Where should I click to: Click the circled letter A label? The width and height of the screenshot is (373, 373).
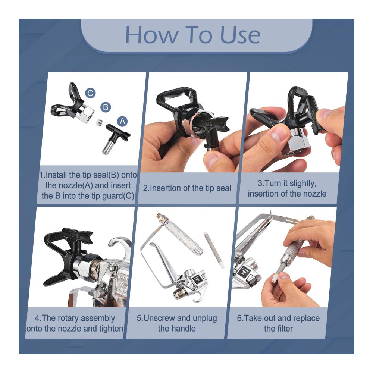(122, 121)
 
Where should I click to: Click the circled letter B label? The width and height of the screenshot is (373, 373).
(106, 107)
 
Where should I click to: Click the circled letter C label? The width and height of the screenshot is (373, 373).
(90, 93)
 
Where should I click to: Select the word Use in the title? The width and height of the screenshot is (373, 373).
(240, 35)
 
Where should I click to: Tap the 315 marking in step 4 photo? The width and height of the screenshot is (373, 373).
(75, 236)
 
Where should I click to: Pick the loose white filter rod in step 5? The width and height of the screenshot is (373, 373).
(214, 250)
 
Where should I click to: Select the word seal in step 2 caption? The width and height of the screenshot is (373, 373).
(223, 188)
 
